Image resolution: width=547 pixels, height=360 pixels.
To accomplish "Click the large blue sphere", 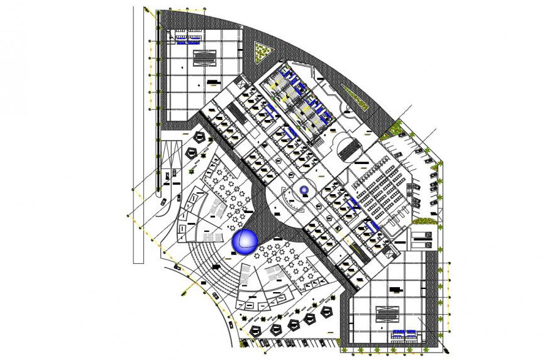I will [244, 241].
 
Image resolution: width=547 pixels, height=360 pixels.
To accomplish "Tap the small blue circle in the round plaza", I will [304, 190].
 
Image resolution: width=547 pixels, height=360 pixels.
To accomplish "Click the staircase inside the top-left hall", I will [204, 58].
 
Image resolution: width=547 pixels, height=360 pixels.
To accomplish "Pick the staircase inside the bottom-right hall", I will [385, 314].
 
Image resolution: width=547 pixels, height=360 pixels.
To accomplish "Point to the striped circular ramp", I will [349, 151].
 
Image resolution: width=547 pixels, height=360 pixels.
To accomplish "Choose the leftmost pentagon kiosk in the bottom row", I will [255, 329].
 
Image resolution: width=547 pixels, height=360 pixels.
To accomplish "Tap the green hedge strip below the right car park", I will [424, 221].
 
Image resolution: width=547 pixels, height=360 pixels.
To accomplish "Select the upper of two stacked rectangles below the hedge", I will [421, 234].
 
